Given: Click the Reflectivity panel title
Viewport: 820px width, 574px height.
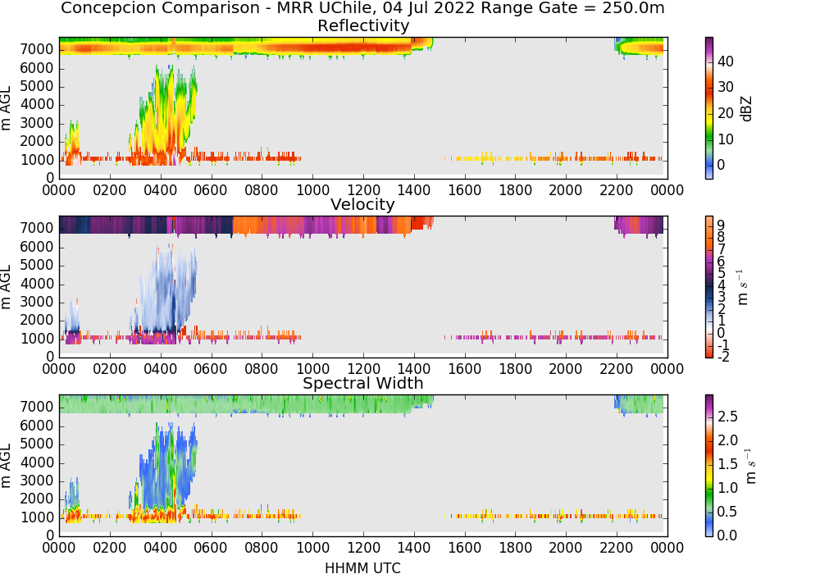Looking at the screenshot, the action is tap(363, 25).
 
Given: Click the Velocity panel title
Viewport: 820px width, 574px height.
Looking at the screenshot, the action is tap(362, 204).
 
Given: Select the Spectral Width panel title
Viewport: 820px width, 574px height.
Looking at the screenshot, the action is tap(363, 383).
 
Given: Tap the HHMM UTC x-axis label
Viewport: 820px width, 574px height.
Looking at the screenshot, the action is tap(362, 567).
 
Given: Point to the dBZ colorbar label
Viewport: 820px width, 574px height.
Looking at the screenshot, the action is tap(747, 109).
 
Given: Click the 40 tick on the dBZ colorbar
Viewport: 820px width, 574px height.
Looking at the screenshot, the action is tap(726, 61).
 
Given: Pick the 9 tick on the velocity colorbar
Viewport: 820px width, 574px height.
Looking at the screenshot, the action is tap(721, 225).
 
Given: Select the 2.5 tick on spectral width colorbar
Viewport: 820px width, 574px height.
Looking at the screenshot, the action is tap(727, 417).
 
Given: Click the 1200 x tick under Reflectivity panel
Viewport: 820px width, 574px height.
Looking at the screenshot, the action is tap(363, 189).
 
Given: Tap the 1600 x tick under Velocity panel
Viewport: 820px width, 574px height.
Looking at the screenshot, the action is tap(464, 368).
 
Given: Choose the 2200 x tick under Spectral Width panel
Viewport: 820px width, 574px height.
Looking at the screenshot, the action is tap(617, 547).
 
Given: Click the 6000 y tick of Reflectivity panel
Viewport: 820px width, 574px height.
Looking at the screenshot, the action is tap(37, 68).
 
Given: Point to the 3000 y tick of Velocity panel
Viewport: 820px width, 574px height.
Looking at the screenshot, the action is tap(37, 302).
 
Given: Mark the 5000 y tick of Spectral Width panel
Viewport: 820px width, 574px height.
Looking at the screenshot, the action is tap(37, 444).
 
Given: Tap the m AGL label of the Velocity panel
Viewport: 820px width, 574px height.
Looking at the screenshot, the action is tap(7, 286).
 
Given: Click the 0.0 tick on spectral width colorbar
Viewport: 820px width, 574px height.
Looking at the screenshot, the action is tap(727, 535).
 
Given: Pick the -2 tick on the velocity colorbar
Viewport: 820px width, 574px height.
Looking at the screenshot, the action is tap(722, 357).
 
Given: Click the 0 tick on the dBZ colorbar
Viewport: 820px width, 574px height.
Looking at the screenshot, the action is tap(721, 165).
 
